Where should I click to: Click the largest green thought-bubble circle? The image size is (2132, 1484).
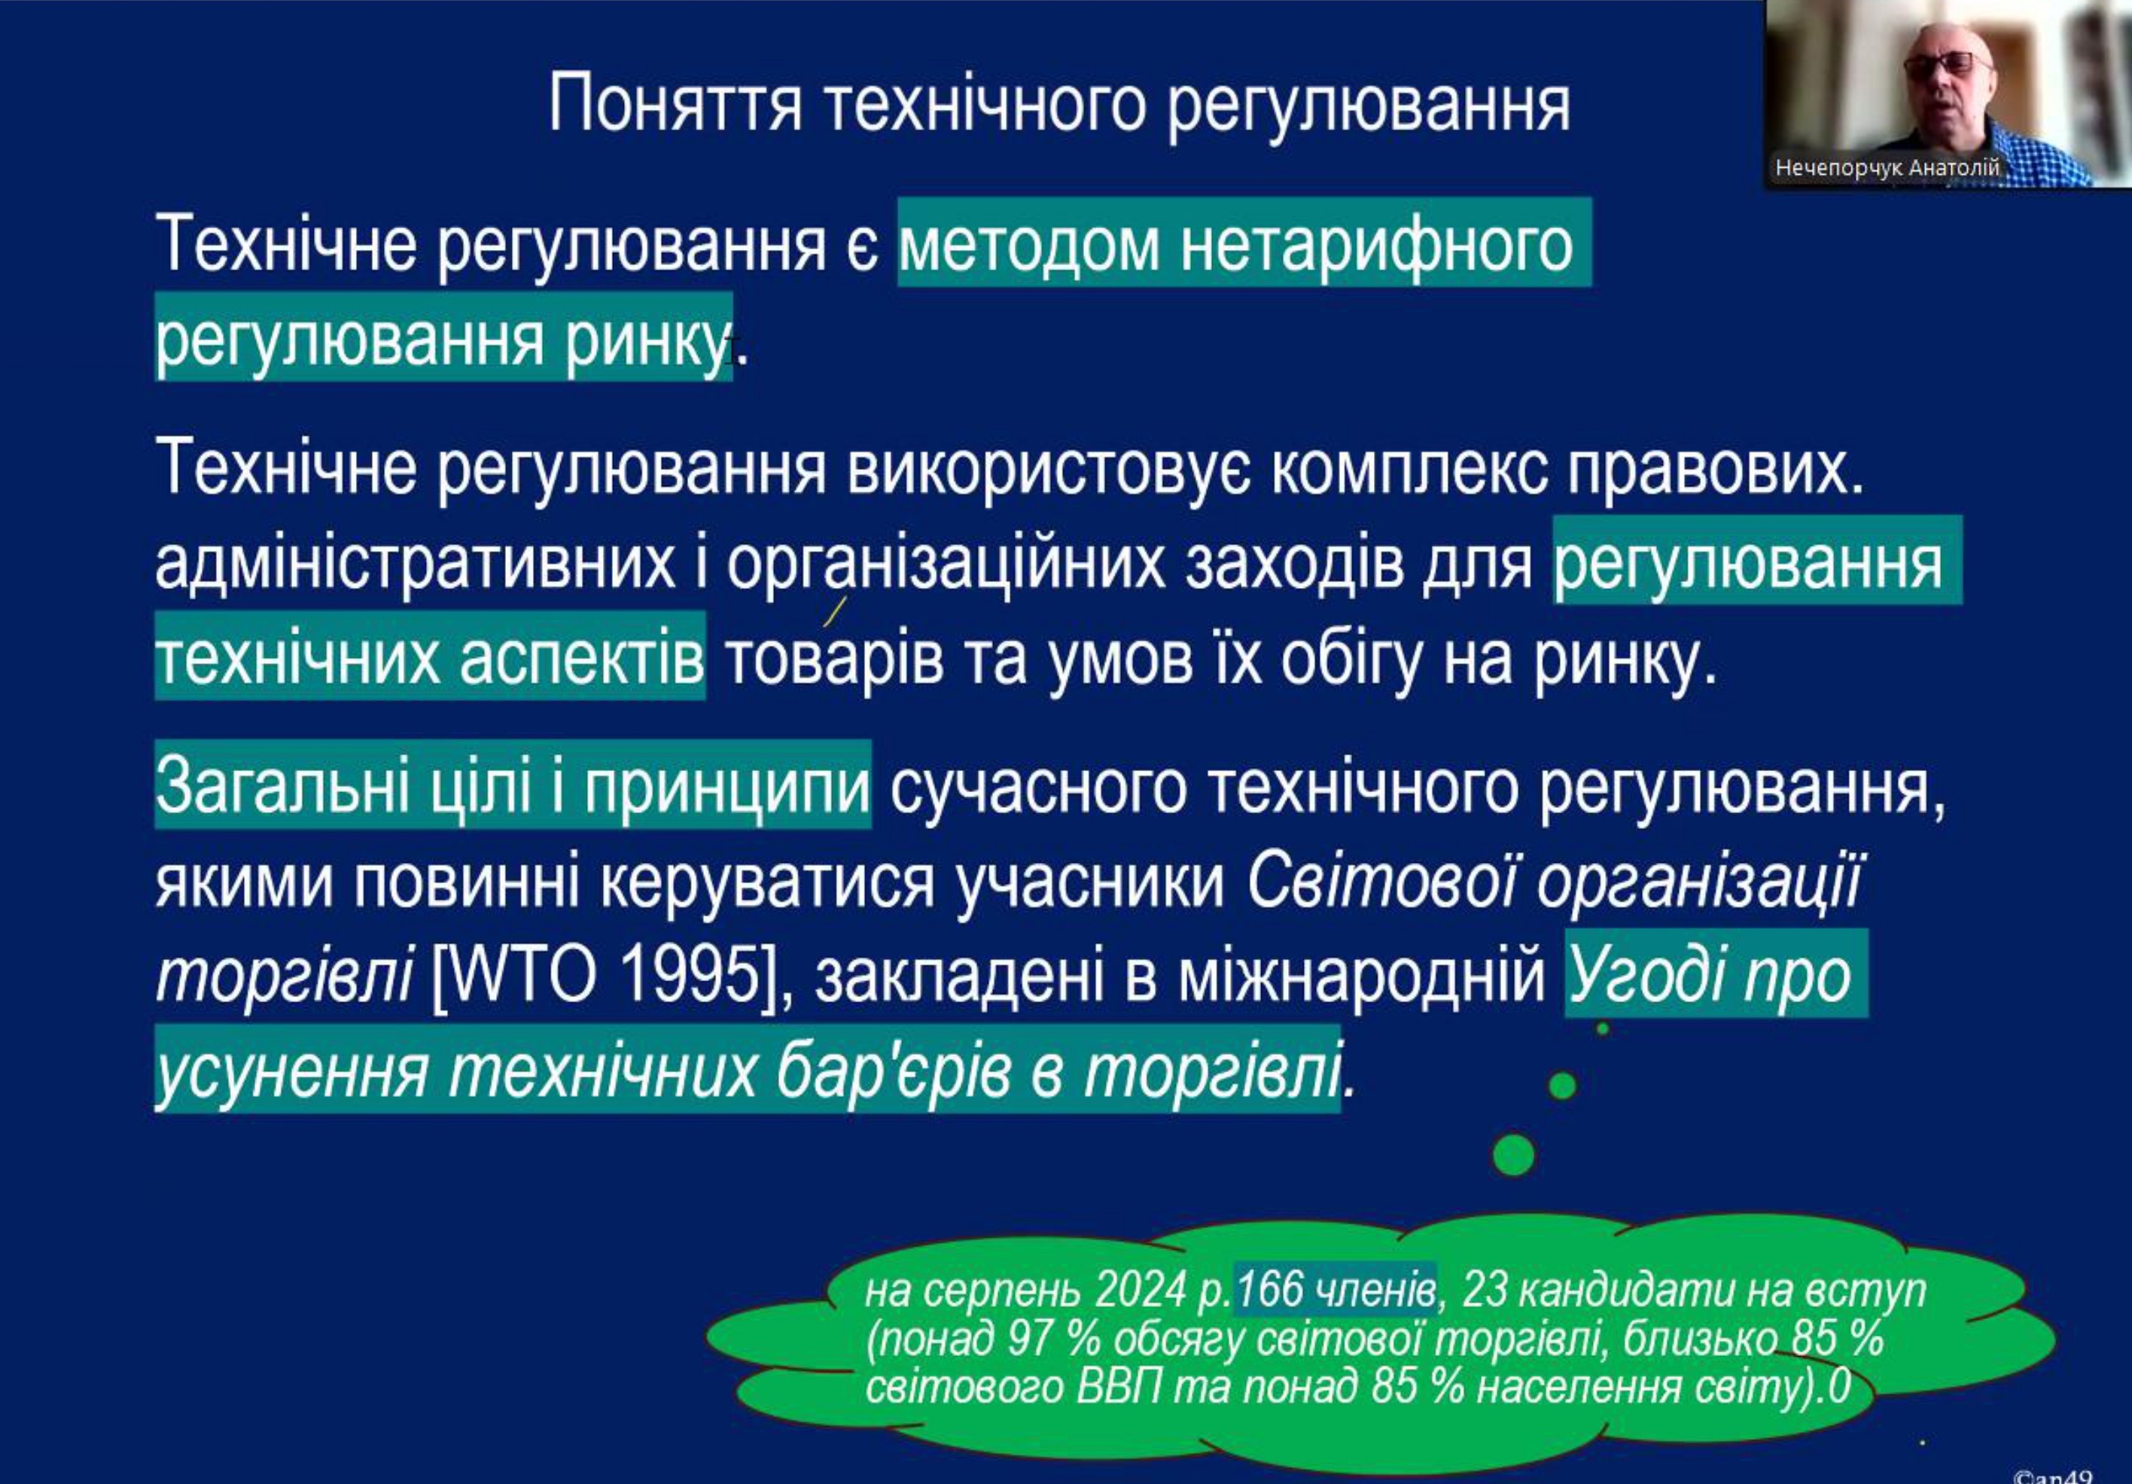coord(1514,1155)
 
